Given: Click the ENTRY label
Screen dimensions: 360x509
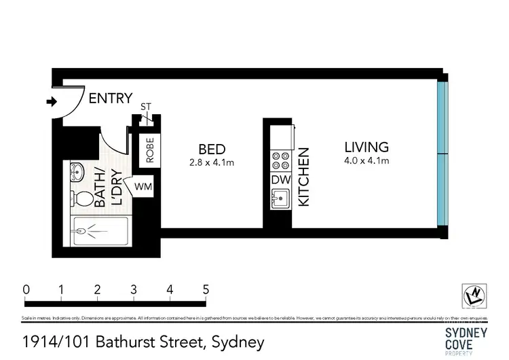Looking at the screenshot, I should coord(111,98).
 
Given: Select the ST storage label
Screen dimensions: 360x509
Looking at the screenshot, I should coord(145,107).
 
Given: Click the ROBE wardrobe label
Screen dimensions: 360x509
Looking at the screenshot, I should coord(149,150).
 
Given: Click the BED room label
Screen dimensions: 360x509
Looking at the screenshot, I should coord(211,149).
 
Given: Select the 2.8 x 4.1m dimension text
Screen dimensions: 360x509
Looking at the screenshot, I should coord(211,162).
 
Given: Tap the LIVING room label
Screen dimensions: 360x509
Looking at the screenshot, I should coord(366,147).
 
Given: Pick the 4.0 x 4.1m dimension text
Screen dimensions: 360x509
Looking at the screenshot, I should coord(366,161).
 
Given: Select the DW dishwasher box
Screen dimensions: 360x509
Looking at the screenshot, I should coord(280,180).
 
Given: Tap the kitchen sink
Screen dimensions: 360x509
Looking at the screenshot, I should coord(280,199).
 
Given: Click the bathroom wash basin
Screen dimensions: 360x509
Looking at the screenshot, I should coord(77,173).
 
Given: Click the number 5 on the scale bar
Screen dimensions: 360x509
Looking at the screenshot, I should coord(205,289).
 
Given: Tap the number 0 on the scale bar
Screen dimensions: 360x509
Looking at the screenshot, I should coord(26,289).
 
